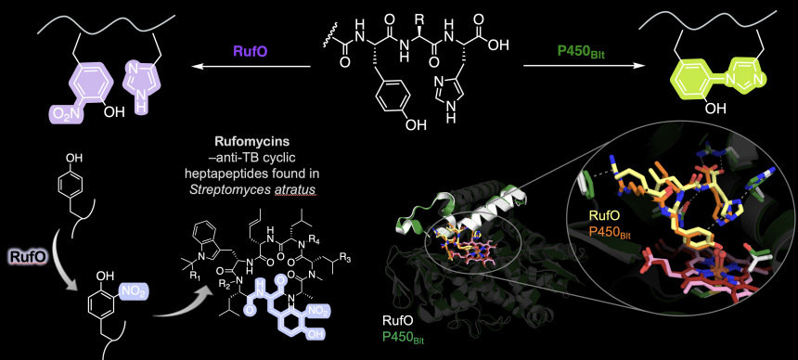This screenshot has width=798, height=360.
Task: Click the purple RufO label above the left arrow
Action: click(x=250, y=51)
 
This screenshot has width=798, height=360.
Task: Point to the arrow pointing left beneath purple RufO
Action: click(x=252, y=66)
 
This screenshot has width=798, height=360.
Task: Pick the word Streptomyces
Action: click(x=228, y=189)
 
